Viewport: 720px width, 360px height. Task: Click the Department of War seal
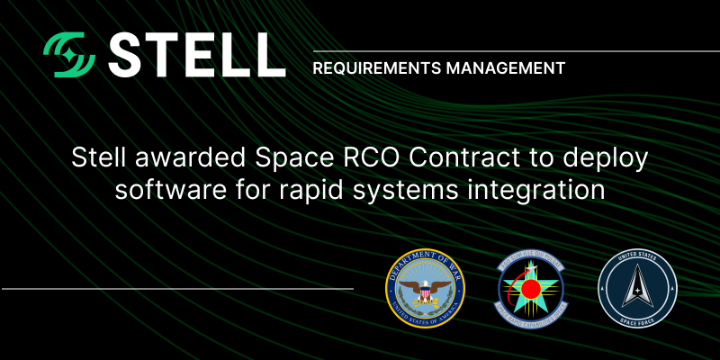coord(420,290)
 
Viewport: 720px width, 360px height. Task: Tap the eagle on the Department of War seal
coord(420,292)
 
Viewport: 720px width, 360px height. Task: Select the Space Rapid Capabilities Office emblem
coord(530,290)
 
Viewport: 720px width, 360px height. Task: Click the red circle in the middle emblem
coord(530,291)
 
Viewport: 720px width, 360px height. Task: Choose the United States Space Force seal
coord(637,289)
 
